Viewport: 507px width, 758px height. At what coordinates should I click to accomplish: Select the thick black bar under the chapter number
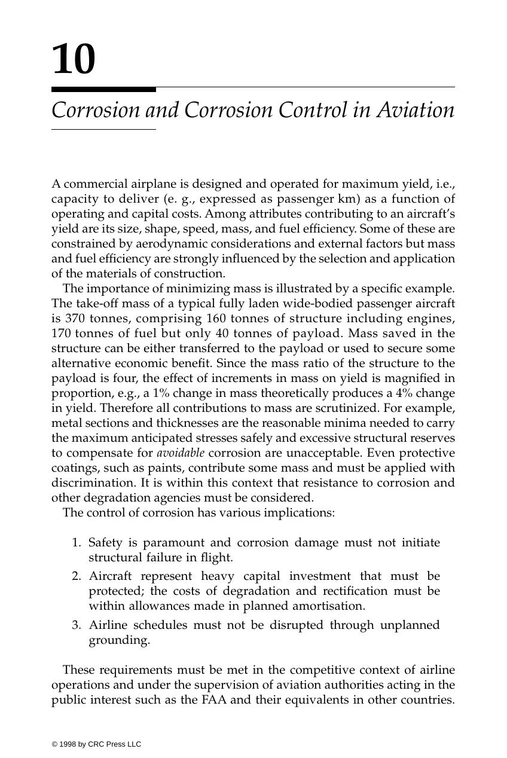[103, 90]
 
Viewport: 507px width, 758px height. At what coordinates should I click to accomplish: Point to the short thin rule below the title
[103, 129]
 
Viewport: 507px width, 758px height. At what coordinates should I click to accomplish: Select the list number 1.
[76, 543]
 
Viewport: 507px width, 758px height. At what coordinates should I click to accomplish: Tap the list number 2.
[76, 576]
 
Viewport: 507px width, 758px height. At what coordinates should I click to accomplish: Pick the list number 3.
[76, 625]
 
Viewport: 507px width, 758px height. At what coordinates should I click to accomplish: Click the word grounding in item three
[118, 640]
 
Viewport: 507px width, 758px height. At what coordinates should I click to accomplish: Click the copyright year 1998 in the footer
[67, 744]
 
